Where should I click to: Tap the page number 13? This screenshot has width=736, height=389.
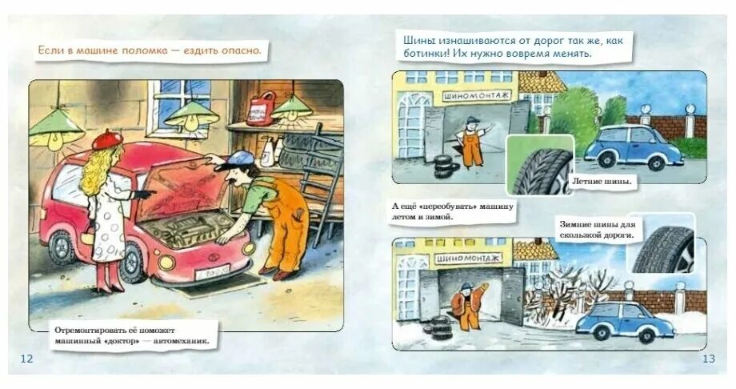pos(708,358)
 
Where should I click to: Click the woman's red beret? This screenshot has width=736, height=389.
pos(106,139)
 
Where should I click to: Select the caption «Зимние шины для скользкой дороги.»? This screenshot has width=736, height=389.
pos(596,230)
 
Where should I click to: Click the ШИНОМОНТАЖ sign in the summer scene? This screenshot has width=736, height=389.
pos(472,97)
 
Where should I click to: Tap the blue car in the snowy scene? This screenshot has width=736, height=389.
pos(624,320)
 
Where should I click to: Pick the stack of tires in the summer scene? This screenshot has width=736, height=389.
pos(446,166)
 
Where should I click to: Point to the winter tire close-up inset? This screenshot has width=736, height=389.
pos(662,250)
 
